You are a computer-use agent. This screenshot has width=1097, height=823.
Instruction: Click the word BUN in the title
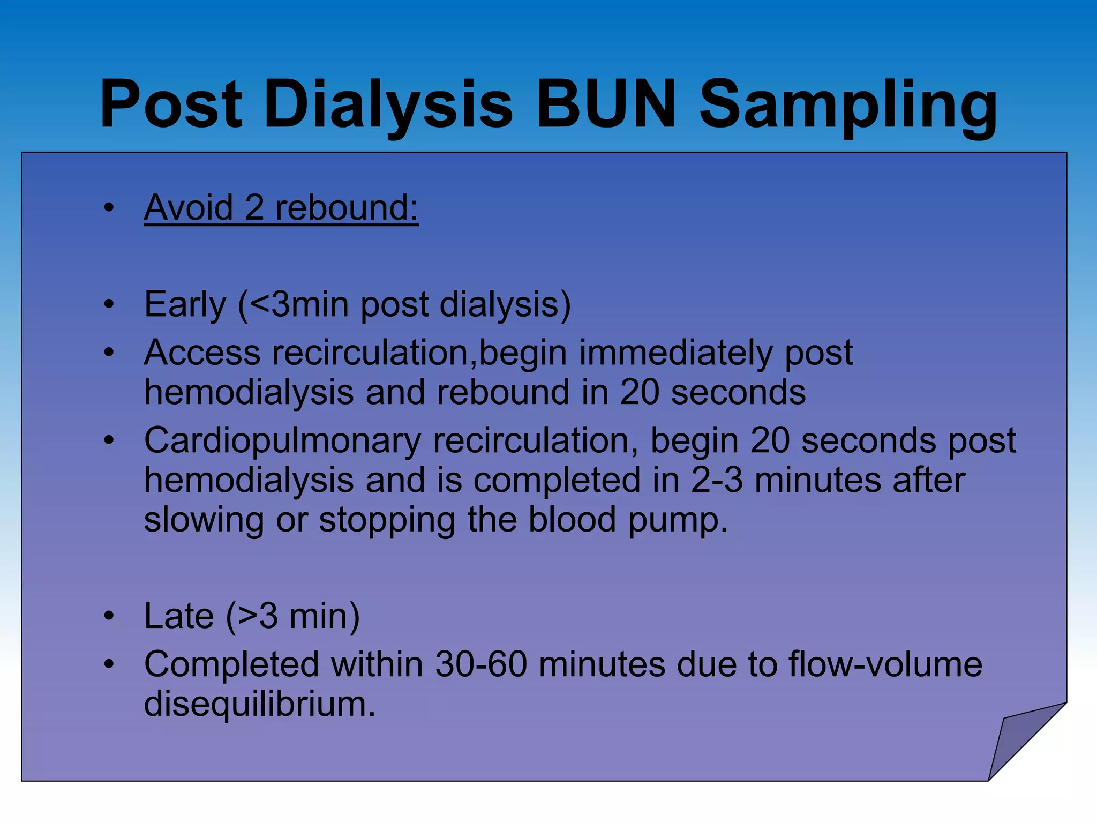tap(606, 104)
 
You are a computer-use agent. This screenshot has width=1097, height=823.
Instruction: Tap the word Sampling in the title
tap(848, 105)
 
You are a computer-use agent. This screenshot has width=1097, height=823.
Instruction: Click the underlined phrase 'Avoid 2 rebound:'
tap(281, 208)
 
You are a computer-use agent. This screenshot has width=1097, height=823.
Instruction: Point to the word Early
tap(185, 305)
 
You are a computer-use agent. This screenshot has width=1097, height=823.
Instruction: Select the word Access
tap(202, 353)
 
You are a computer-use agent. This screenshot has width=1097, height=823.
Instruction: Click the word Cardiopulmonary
tap(282, 441)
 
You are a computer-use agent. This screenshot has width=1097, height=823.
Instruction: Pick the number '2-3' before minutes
tap(717, 480)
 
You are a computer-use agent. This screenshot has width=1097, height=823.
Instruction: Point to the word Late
tap(179, 616)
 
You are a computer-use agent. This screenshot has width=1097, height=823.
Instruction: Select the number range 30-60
tap(481, 665)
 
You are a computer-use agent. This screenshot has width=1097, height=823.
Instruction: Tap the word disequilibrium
tap(259, 704)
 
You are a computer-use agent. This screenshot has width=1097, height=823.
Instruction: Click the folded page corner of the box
tap(1018, 742)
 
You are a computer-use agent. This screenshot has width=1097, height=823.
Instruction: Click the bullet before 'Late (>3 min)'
tap(109, 617)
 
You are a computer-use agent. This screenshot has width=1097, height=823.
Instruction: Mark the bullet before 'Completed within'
tap(109, 665)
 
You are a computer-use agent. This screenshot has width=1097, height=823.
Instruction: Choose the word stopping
tap(387, 520)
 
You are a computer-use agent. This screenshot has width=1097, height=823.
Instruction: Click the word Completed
tap(232, 665)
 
